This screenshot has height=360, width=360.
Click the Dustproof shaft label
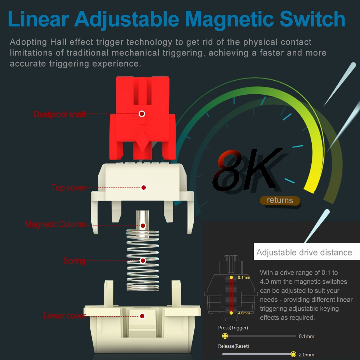(x=59, y=114)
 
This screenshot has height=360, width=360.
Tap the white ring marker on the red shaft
(x=142, y=114)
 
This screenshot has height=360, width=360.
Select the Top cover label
(x=68, y=188)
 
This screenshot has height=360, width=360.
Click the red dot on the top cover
(x=143, y=188)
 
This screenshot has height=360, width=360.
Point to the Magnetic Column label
(x=55, y=224)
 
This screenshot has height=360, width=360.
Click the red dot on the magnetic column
(x=143, y=226)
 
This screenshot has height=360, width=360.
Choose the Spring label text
(x=74, y=260)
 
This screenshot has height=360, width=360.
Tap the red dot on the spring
(x=143, y=260)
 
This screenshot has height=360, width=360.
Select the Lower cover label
(x=64, y=316)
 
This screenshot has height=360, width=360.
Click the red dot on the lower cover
(x=142, y=316)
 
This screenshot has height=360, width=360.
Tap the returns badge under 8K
(x=280, y=200)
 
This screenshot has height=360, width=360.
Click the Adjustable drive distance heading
(x=304, y=252)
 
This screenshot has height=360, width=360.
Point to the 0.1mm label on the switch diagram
(x=244, y=278)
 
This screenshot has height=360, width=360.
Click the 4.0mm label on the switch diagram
(x=244, y=313)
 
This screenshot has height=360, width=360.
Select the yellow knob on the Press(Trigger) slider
(x=225, y=336)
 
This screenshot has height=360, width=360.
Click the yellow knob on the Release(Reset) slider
(x=293, y=354)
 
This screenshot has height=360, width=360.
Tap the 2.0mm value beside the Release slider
(x=306, y=355)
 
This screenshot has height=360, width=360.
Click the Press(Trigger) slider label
(x=233, y=328)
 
